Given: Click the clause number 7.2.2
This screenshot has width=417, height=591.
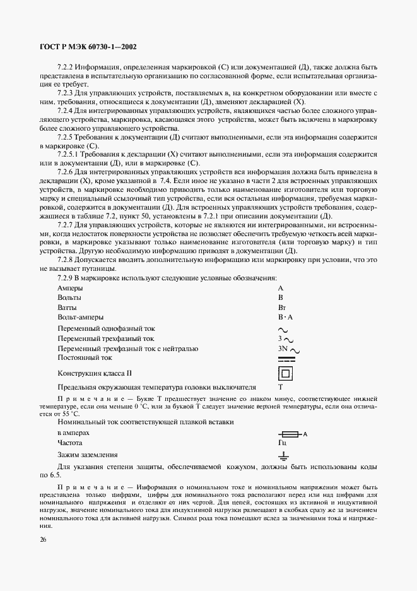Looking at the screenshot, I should pos(65,66).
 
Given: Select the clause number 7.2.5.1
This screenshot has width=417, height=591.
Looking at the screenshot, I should pos(69,153).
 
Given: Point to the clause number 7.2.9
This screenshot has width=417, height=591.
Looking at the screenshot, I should pos(65,278).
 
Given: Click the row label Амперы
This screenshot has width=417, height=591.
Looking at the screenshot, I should pos(70,288).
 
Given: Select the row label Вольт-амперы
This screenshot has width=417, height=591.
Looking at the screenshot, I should pos(81,317).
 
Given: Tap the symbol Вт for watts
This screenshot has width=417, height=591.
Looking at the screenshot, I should pos(282,307).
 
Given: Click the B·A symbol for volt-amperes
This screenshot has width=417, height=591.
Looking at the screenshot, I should pos(286,317).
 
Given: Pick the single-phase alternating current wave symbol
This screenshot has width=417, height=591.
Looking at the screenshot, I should pos(283,329).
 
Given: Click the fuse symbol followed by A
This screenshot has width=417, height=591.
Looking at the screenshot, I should pos(291,434).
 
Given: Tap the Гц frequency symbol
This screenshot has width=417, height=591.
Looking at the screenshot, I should pos(282,443).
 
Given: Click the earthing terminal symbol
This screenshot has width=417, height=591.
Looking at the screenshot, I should pos(284,455).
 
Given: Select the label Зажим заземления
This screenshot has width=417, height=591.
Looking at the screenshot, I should pos(88,455).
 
